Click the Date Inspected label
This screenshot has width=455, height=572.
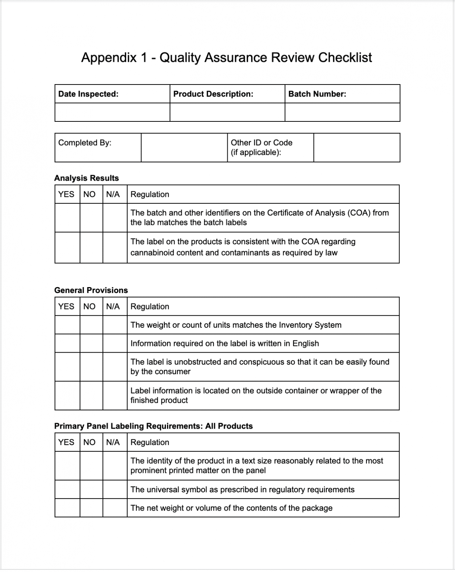tap(88, 94)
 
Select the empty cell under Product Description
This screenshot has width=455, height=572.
tap(227, 112)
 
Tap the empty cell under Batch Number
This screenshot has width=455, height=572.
tap(342, 112)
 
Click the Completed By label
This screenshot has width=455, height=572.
tap(85, 143)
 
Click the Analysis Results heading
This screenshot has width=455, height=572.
tap(86, 178)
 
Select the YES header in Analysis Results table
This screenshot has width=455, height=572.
tap(66, 194)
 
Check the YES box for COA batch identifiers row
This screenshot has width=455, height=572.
tap(67, 218)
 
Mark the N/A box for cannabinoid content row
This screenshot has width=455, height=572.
tap(115, 247)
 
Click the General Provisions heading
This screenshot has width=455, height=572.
tap(91, 290)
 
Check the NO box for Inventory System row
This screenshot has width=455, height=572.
tap(91, 325)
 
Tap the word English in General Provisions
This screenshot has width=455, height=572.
tap(305, 343)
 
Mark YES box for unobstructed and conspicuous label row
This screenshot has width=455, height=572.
tap(67, 367)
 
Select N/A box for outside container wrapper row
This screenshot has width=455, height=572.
tap(115, 395)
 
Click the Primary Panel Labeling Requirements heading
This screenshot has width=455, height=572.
tap(153, 426)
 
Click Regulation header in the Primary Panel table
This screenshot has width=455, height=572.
tap(150, 442)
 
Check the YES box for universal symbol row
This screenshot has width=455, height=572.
tap(67, 489)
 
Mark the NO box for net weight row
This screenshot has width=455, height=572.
tap(91, 508)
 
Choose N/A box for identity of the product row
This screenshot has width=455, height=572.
tap(115, 465)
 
